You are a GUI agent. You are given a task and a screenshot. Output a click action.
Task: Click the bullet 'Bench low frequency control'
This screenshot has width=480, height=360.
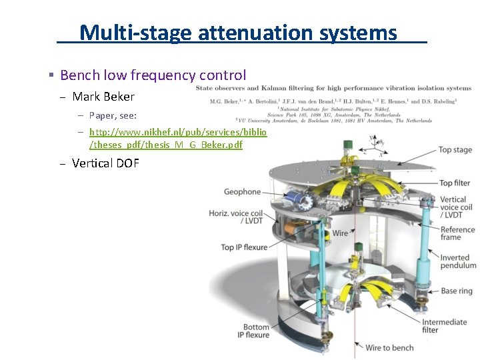(x=153, y=76)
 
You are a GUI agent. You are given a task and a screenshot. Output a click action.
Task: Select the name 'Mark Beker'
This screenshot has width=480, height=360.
(x=103, y=97)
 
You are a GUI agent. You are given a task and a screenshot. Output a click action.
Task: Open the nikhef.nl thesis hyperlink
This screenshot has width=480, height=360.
(x=177, y=139)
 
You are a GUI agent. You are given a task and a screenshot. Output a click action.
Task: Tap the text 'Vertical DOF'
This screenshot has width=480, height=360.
(x=105, y=163)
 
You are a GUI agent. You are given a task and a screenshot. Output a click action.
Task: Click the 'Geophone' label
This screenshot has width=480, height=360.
(x=242, y=192)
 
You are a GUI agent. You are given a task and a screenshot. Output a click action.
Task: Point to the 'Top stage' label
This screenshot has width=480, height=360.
(x=455, y=151)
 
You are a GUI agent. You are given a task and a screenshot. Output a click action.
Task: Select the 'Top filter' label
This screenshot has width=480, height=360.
(x=455, y=183)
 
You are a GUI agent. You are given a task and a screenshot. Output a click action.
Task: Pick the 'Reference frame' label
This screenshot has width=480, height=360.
(x=457, y=233)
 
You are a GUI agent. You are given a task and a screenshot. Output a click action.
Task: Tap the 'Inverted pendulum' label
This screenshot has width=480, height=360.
(x=458, y=261)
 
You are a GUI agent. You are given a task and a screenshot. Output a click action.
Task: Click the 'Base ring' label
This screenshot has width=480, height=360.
(x=457, y=291)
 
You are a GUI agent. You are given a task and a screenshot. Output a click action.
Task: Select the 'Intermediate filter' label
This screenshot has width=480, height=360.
(x=444, y=326)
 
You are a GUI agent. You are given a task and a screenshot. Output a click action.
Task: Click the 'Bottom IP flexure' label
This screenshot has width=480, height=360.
(x=256, y=331)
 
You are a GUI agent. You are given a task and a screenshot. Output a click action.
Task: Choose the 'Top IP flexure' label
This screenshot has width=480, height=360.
(x=244, y=247)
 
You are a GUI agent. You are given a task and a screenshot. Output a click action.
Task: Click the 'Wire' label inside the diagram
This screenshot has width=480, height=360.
(x=340, y=233)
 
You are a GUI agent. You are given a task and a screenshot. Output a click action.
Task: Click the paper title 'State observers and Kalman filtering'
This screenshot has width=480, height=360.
(x=333, y=88)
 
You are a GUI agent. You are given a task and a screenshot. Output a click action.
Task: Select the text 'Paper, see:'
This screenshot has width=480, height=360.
(x=113, y=115)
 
